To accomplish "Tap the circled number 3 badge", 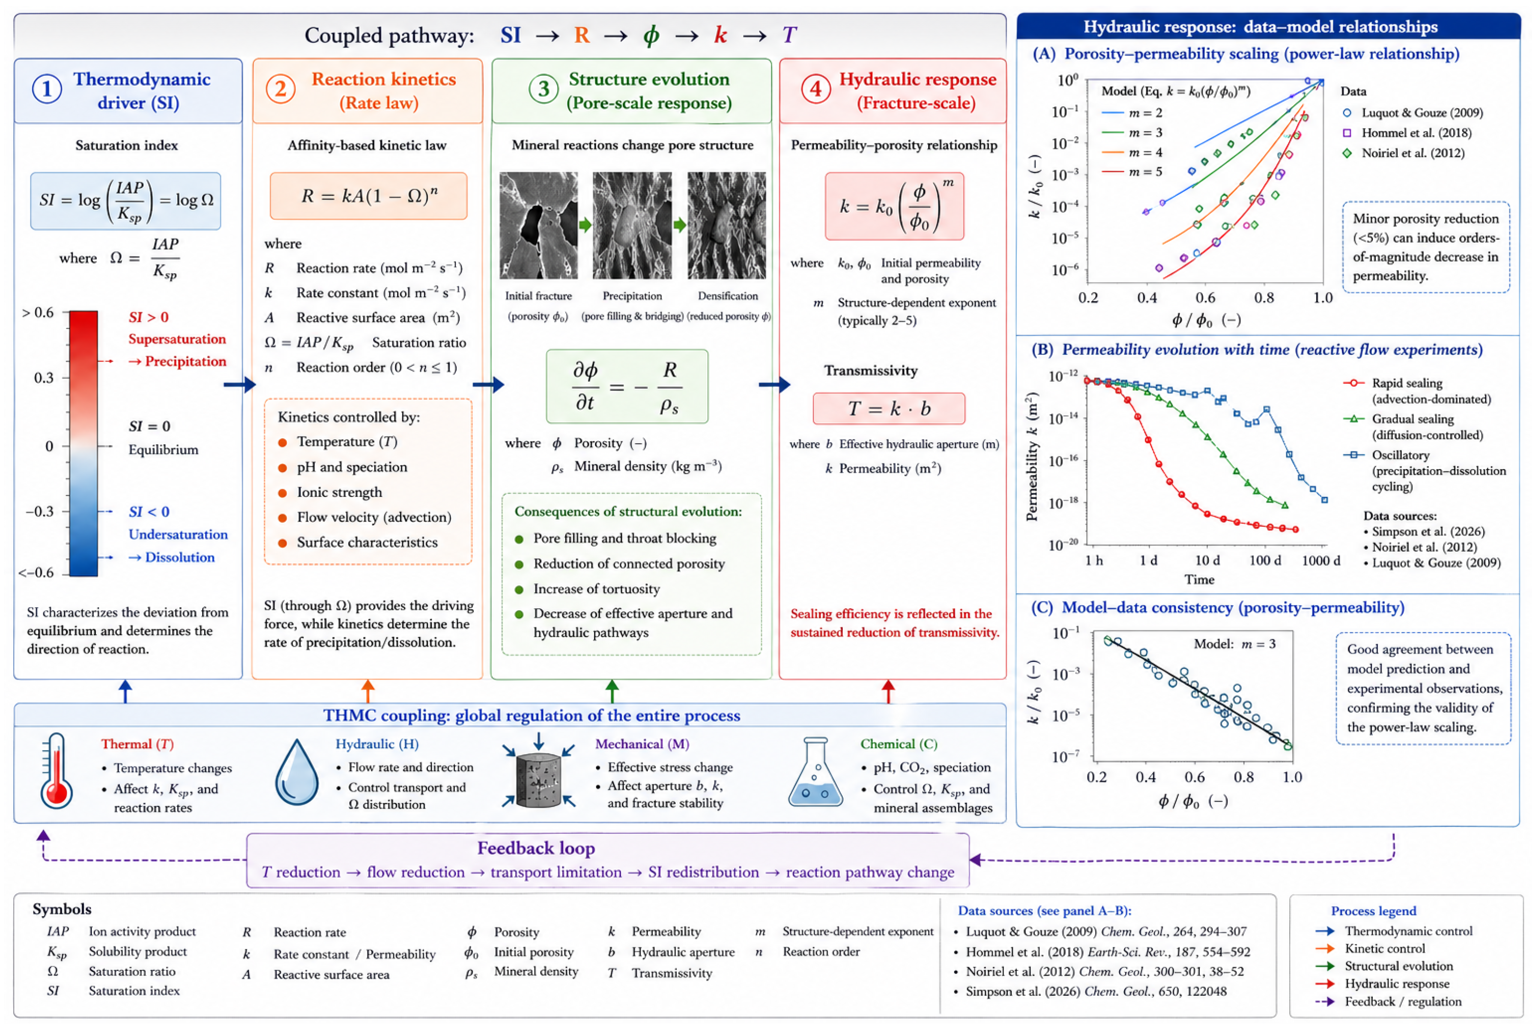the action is coord(543,88).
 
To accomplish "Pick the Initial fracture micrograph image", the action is coord(538,225).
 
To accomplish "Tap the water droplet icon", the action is coord(297,772).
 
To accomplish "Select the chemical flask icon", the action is coord(815,772).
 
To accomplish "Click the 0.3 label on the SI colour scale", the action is coord(44,378).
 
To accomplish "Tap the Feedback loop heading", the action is coord(536,848).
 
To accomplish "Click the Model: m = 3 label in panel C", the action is coord(1235,644).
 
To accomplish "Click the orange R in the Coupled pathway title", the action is coord(581,35).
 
